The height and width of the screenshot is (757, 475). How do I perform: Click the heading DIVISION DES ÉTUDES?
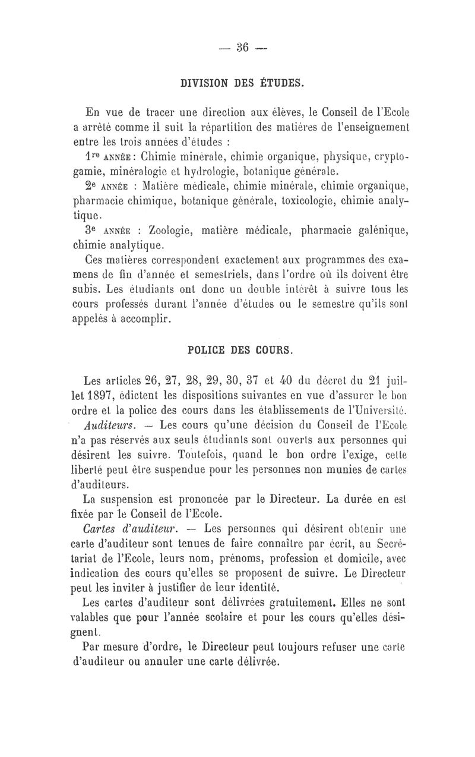242,84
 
